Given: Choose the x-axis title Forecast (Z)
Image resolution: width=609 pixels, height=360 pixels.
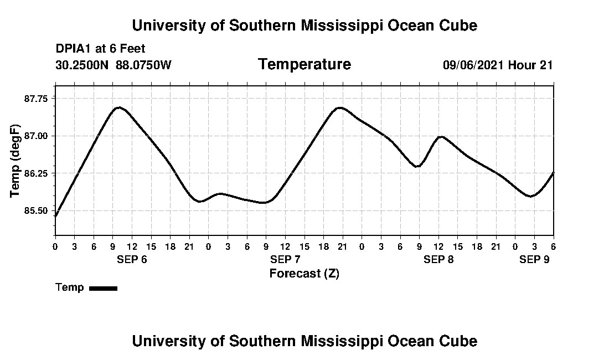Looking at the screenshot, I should [304, 274].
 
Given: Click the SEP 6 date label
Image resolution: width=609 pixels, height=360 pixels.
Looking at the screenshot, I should [132, 260].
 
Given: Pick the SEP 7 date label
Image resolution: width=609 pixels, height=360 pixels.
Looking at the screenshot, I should [285, 260].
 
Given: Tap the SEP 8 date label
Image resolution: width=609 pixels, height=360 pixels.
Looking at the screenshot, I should [438, 260].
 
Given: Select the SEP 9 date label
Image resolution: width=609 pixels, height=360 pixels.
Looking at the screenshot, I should [534, 260].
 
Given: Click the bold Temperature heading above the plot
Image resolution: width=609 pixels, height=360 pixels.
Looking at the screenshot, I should [304, 65].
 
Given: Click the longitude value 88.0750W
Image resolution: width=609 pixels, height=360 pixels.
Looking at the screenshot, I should [143, 65].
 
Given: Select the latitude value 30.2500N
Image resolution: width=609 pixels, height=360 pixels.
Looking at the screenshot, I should [83, 65].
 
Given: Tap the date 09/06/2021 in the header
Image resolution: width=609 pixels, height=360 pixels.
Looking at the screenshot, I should [473, 65].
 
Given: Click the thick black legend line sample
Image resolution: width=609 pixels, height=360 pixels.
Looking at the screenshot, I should [103, 288].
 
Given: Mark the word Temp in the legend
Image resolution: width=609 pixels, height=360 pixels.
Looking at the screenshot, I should [70, 287].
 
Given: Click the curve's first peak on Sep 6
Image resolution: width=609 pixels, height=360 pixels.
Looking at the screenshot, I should [119, 107].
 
